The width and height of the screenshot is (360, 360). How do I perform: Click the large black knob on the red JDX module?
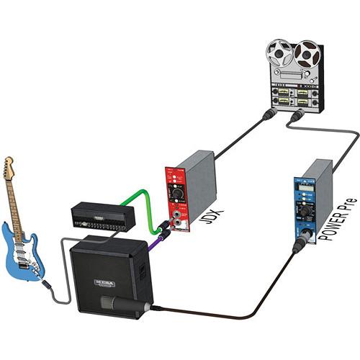click(x=175, y=194)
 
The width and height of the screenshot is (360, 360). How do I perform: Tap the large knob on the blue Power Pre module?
click(x=302, y=219)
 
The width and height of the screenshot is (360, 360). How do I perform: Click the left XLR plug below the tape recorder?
click(x=267, y=114)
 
